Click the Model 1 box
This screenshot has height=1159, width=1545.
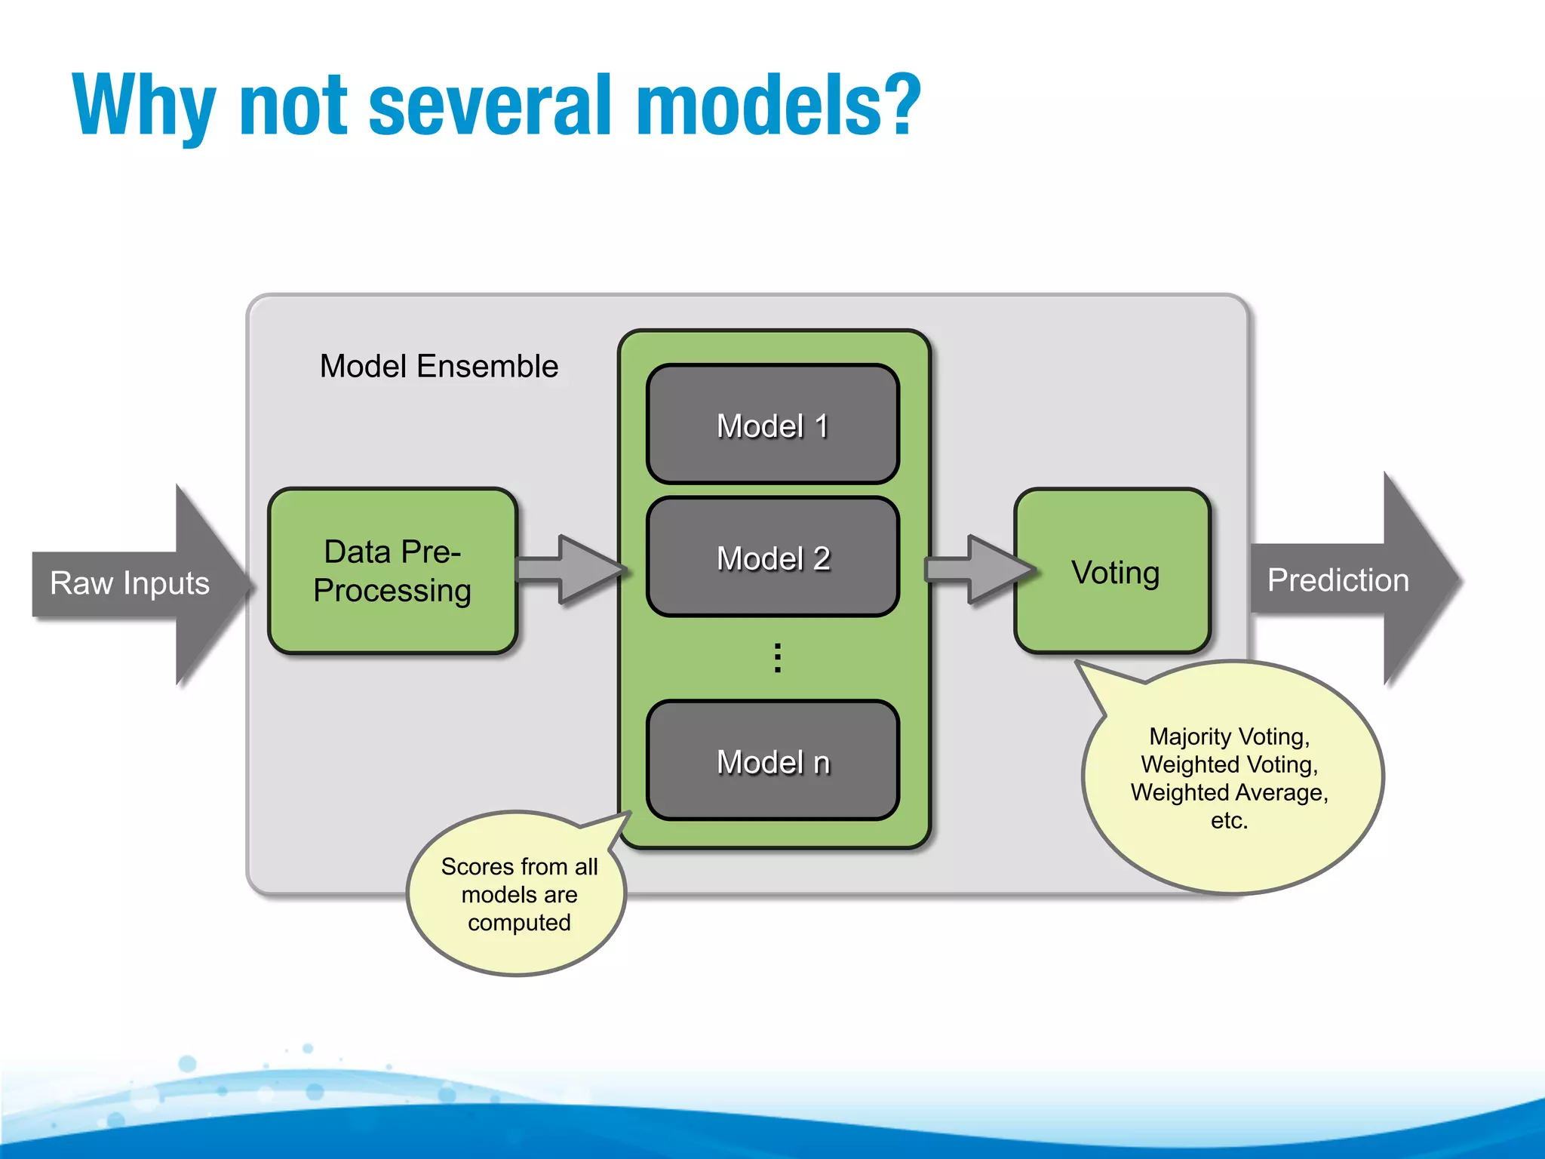772,425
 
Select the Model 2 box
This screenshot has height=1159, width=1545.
772,558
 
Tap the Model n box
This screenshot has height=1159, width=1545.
772,761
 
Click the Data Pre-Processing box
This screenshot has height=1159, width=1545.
392,571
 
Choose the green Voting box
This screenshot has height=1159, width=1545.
1113,571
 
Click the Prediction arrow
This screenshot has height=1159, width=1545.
1350,580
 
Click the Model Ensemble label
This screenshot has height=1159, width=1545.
438,366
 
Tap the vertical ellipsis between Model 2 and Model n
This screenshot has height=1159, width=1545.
777,658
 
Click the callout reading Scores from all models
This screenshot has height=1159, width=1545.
519,894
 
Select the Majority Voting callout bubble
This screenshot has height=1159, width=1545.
1230,778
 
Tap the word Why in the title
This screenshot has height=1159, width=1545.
144,106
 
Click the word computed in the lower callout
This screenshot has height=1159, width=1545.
519,922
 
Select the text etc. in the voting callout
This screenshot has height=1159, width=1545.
1229,820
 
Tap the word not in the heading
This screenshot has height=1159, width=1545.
293,106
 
